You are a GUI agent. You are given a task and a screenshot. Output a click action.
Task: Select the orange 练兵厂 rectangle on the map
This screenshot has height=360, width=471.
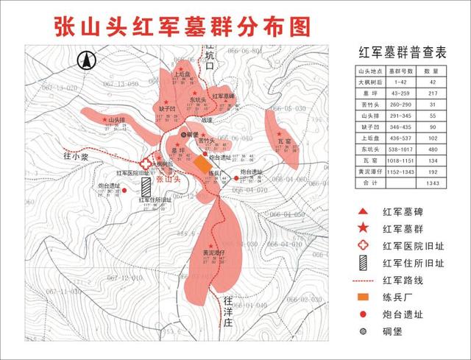[200, 164]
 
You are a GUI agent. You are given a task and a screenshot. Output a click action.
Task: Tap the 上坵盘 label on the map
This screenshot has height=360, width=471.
[183, 74]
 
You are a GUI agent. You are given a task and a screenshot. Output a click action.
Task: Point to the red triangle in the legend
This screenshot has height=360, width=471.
[362, 212]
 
